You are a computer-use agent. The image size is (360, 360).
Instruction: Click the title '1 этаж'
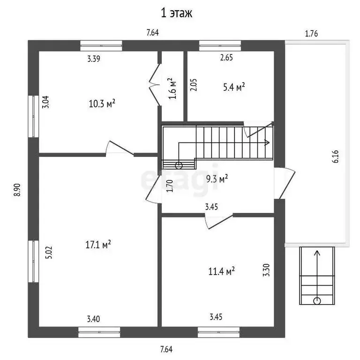pyautogui.click(x=177, y=13)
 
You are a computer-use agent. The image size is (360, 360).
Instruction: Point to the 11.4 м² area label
pyautogui.click(x=221, y=270)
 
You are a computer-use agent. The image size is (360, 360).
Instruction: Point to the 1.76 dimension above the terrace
pyautogui.click(x=312, y=33)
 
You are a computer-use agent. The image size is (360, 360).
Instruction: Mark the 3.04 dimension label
pyautogui.click(x=45, y=102)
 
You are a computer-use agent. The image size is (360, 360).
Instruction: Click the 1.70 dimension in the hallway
pyautogui.click(x=170, y=187)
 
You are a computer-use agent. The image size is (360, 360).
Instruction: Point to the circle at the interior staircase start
pyautogui.click(x=179, y=165)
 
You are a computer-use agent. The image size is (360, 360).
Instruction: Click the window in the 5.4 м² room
pyautogui.click(x=220, y=45)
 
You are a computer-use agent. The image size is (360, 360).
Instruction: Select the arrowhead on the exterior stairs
pyautogui.click(x=317, y=254)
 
